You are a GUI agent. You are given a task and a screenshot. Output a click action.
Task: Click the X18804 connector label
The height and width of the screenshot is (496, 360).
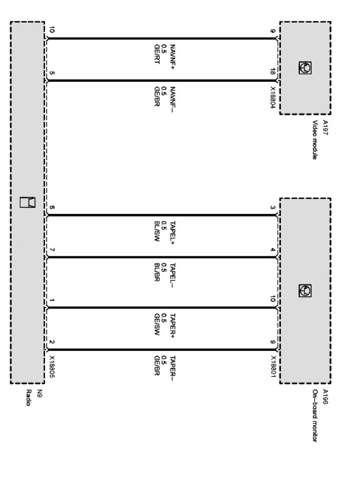pos(273,97)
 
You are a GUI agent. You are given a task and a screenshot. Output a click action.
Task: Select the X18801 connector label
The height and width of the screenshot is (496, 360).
pos(273,366)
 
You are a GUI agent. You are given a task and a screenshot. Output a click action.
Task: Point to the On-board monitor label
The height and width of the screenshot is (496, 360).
pos(315,415)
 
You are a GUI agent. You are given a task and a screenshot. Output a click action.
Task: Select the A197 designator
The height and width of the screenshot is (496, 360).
pos(325,127)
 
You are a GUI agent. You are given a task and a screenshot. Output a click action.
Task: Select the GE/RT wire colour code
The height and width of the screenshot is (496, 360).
pos(157,55)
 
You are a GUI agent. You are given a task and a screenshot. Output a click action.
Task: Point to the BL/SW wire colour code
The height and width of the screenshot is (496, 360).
pos(157,233)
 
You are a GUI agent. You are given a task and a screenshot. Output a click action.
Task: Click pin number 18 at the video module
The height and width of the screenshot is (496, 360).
pos(273,72)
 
